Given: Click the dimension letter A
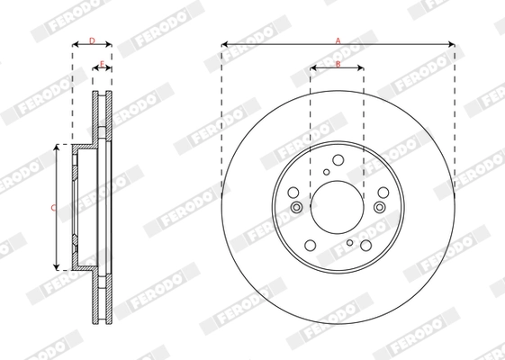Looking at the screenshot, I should click(338, 39).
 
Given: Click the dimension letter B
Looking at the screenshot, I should click(338, 63).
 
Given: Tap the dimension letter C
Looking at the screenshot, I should click(53, 207).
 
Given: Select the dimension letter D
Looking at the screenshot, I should click(91, 40).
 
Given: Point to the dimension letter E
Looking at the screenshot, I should click(102, 63).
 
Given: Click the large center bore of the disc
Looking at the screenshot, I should click(337, 208).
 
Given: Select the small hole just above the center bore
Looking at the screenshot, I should click(327, 172).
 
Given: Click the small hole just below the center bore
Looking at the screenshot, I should click(350, 243).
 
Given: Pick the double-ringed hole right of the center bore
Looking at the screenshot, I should click(379, 207).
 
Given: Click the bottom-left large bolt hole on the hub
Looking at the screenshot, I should click(311, 244).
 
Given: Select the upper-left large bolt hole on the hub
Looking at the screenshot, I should click(293, 192).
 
